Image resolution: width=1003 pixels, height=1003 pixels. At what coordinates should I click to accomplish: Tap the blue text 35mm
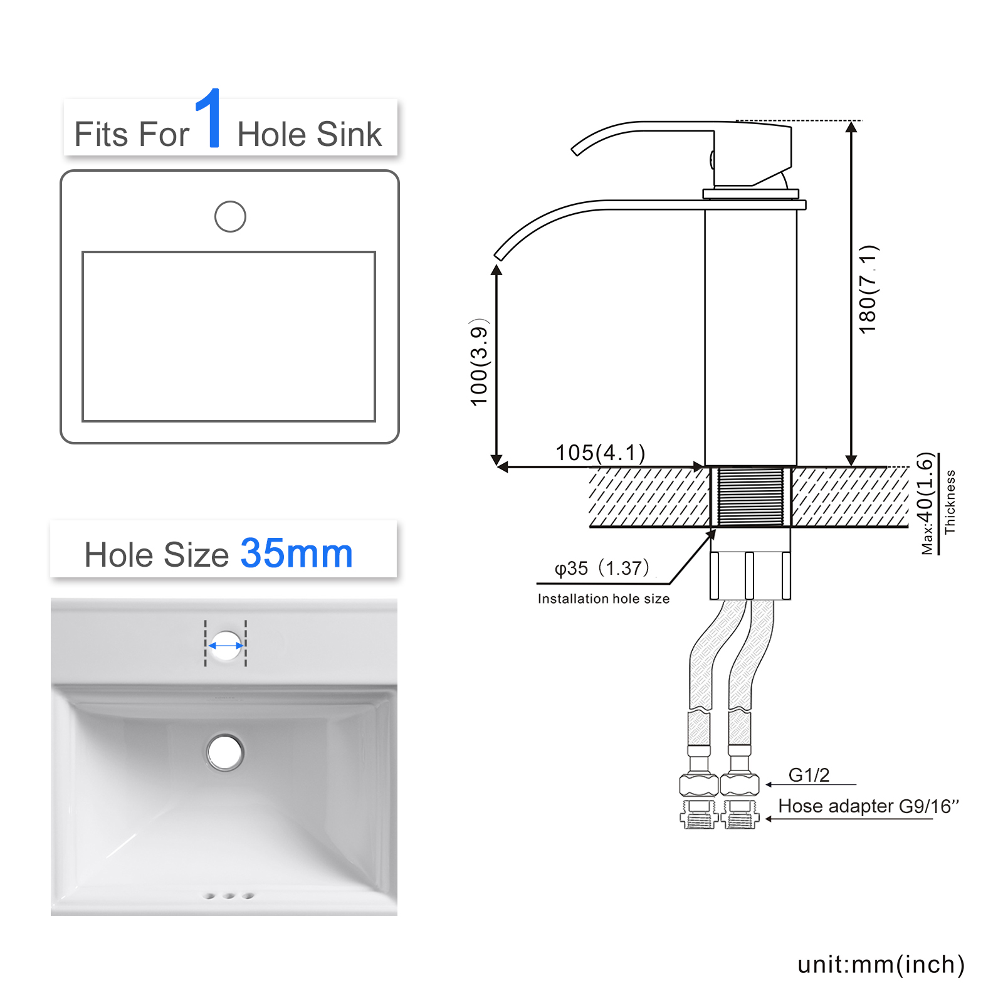click(x=297, y=554)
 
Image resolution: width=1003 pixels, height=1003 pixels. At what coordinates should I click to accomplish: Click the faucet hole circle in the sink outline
click(x=230, y=216)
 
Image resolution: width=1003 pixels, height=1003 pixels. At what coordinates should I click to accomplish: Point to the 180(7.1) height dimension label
click(x=868, y=290)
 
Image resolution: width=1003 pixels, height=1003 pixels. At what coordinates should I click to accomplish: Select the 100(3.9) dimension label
click(x=479, y=362)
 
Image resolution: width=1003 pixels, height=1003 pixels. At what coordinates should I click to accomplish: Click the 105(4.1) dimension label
click(x=600, y=452)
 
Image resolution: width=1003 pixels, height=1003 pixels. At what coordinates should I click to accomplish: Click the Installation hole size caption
click(x=604, y=599)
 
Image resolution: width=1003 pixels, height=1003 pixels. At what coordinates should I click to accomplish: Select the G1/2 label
click(x=809, y=775)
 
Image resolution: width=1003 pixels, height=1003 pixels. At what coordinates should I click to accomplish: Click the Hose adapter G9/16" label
click(x=869, y=806)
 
